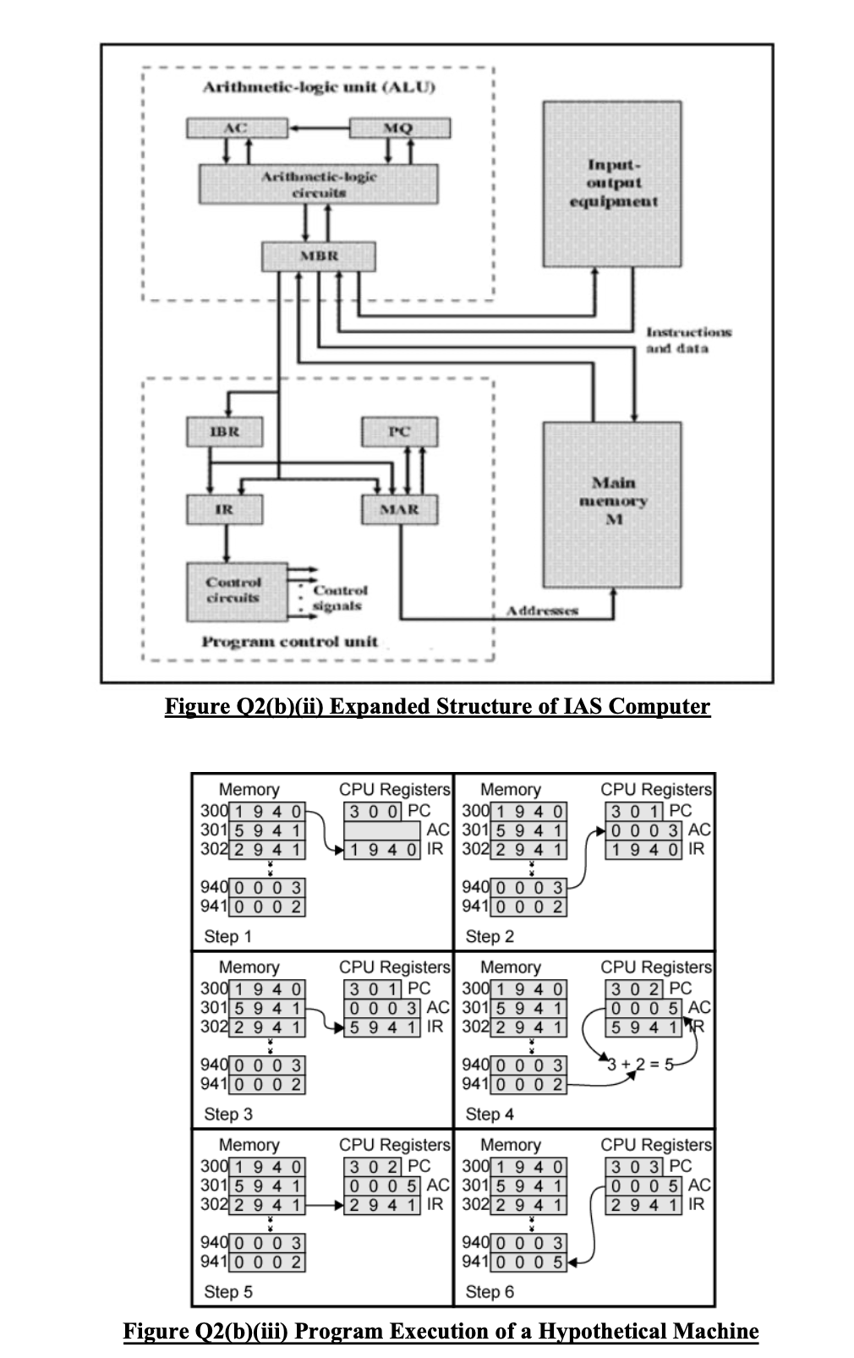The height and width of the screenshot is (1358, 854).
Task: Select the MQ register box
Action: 399,129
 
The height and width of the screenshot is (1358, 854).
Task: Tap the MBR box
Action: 318,256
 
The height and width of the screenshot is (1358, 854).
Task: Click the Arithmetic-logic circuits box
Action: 318,183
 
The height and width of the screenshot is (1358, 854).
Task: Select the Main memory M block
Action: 613,504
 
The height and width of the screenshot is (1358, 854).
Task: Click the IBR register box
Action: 224,431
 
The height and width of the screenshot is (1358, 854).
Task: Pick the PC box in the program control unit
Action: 399,431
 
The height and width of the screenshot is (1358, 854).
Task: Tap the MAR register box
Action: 399,510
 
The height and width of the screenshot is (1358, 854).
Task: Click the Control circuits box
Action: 236,590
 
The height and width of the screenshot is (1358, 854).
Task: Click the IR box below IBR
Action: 224,510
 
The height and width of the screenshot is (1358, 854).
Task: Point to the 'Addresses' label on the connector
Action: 542,611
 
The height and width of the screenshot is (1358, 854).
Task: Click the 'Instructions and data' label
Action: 688,341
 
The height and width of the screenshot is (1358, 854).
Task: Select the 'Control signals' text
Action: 339,598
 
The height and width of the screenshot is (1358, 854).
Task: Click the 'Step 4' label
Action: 489,1114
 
